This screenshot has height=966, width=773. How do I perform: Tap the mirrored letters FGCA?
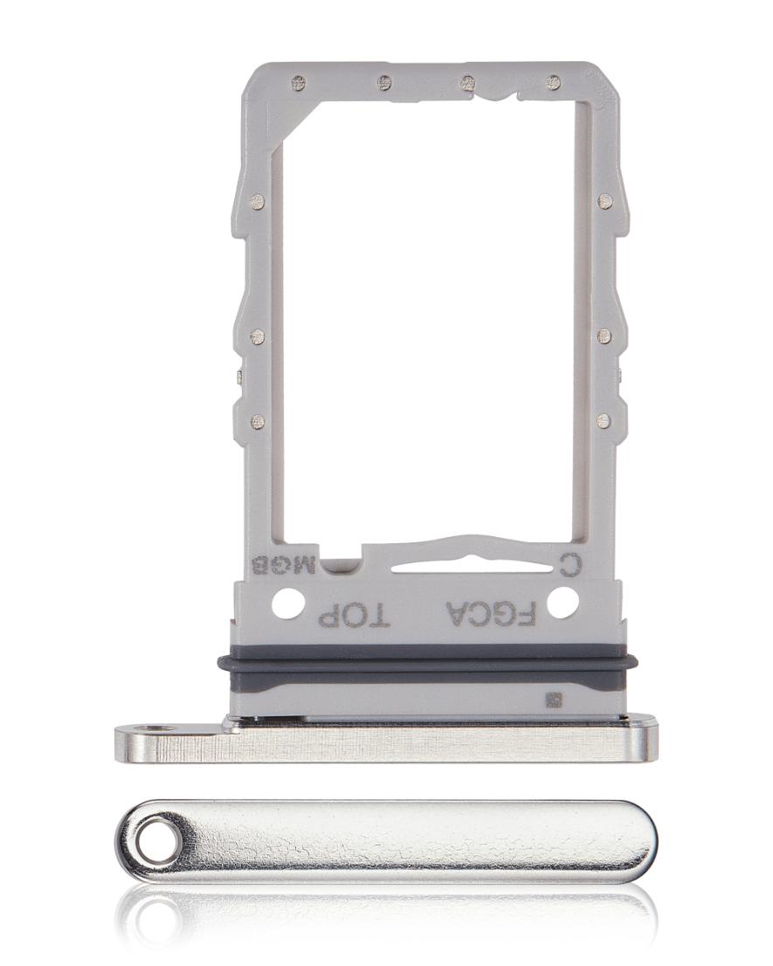click(x=489, y=614)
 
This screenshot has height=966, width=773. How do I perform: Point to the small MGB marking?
click(x=282, y=567)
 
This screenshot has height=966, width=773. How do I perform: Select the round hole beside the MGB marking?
click(x=286, y=602)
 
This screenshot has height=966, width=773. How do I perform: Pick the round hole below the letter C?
click(x=562, y=602)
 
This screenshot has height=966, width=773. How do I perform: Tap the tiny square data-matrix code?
click(x=552, y=700)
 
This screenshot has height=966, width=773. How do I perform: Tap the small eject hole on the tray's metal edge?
click(x=158, y=726)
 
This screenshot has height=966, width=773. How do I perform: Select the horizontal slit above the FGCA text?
click(x=454, y=566)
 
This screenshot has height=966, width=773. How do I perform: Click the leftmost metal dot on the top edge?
click(x=299, y=84)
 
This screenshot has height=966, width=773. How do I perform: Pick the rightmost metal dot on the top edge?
click(x=552, y=84)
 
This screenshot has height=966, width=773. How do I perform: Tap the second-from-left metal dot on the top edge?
click(x=384, y=84)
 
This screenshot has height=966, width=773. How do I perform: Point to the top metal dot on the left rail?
click(x=256, y=203)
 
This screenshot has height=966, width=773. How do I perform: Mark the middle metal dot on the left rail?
click(x=256, y=336)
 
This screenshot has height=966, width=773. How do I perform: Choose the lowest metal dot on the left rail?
click(x=256, y=421)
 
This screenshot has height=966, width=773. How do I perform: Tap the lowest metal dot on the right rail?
click(x=602, y=421)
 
